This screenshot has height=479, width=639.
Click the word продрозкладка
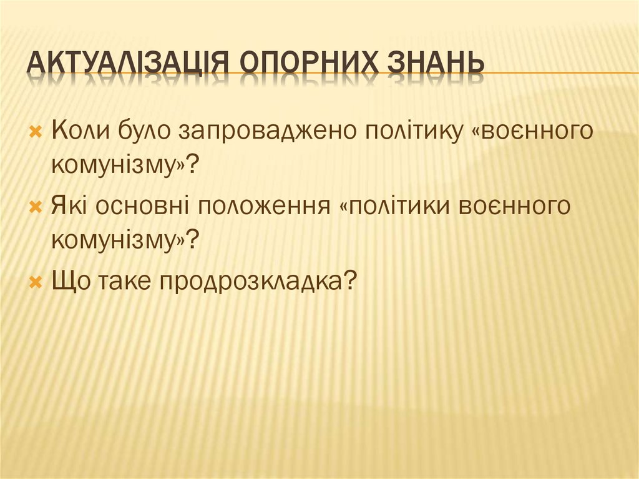click(x=257, y=282)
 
